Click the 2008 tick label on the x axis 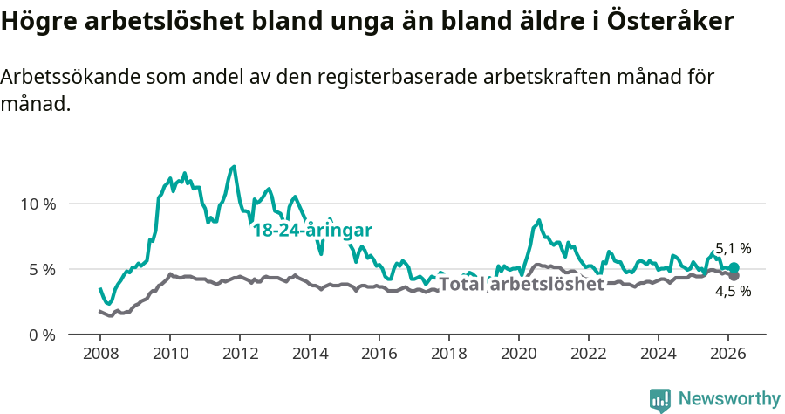point(99,355)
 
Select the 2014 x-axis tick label point(309,355)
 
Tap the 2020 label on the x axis point(518,355)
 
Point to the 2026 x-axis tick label point(727,355)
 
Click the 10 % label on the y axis point(38,204)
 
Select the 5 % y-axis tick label point(42,269)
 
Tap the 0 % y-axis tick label point(42,335)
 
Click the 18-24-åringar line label point(312,231)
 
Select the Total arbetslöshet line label point(521,285)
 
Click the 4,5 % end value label point(733,292)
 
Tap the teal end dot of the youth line point(734,268)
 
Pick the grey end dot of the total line point(734,276)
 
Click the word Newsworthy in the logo point(729,399)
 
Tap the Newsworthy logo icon point(660,400)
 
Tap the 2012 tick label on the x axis point(239,355)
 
